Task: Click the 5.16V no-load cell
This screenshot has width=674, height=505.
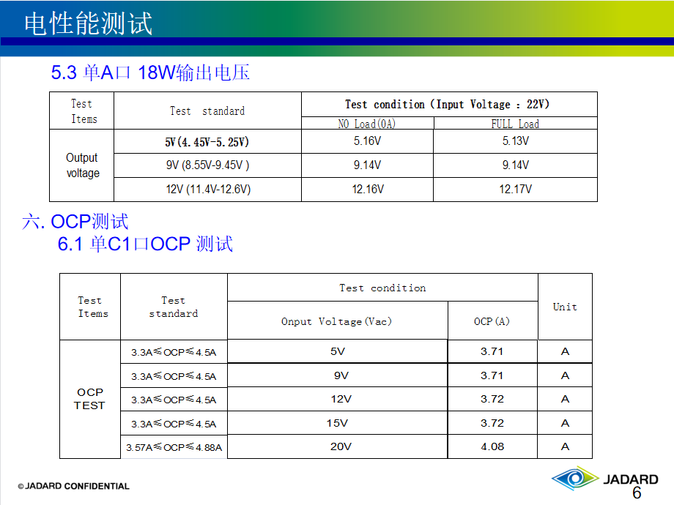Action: [x=367, y=141]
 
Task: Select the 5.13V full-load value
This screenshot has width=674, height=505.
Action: [x=515, y=141]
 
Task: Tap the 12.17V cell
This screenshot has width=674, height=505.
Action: [x=515, y=189]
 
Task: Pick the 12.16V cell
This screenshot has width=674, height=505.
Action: [x=368, y=189]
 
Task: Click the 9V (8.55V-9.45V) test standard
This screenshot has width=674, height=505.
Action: [x=207, y=165]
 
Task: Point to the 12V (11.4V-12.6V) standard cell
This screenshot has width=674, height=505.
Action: [x=208, y=189]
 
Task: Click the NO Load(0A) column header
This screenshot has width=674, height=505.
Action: [x=366, y=124]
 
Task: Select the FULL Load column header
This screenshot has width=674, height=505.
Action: [x=515, y=124]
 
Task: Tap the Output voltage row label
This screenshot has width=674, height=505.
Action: [x=82, y=165]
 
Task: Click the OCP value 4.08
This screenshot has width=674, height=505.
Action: [x=492, y=446]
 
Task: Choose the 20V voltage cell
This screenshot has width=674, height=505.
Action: [x=341, y=446]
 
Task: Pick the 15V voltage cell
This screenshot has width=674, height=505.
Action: [x=337, y=423]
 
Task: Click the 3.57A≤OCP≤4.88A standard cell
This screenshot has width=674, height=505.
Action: [x=174, y=447]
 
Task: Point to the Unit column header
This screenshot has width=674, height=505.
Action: [x=565, y=307]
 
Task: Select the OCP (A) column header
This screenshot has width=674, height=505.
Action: [x=492, y=321]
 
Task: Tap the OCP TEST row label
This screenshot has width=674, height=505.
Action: [x=89, y=399]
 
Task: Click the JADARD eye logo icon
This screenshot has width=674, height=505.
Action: [x=575, y=478]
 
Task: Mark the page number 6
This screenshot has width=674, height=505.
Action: [x=637, y=493]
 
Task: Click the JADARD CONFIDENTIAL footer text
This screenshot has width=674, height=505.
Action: [x=73, y=486]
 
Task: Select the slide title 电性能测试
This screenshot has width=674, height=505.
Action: [x=88, y=23]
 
